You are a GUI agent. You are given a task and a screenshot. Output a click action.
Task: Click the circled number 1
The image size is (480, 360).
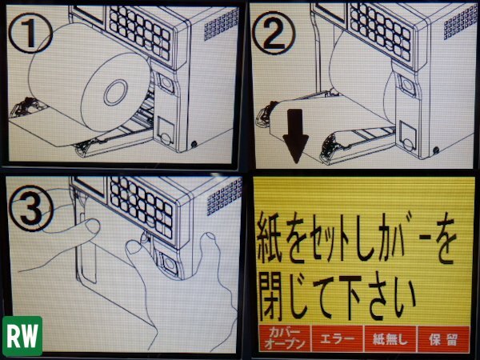coord(30,33)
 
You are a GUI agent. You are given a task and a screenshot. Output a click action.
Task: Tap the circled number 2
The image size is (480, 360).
coord(274,33)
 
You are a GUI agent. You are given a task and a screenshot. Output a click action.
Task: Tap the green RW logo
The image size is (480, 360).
coord(22,336)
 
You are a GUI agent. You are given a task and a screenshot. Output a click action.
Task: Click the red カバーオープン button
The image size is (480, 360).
coord(285,339)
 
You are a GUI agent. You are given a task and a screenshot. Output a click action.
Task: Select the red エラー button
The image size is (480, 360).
coord(338,339)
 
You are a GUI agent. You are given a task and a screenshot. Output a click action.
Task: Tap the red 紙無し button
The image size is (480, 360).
coord(390,339)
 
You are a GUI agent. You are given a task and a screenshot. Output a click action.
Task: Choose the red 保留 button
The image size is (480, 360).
coord(443,339)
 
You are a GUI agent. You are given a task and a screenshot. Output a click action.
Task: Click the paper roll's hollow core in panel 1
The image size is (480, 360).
coord(116,92)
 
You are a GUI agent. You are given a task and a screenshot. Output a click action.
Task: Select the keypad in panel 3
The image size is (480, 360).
coord(142,206)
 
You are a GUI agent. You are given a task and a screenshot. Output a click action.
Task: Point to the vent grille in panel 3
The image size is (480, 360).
coord(223,198)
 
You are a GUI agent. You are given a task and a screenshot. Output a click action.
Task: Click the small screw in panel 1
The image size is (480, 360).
coord(194,143)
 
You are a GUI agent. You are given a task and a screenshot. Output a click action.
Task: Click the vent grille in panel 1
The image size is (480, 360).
coord(221,25)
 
